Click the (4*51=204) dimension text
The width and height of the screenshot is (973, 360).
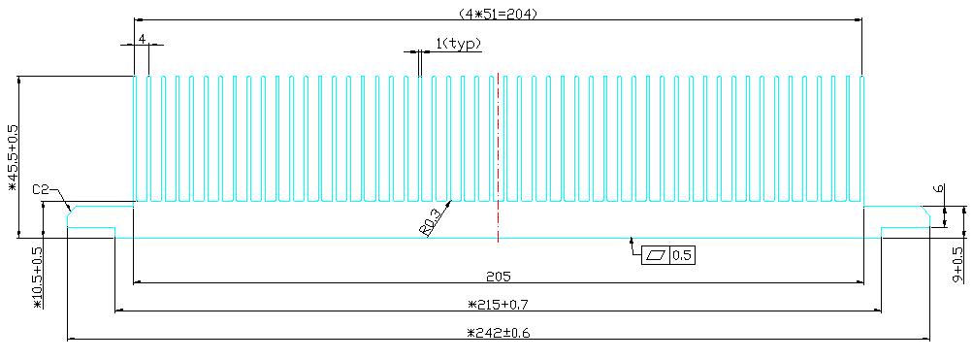pos(498,13)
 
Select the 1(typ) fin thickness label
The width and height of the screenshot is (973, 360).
pos(459,44)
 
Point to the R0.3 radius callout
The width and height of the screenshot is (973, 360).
pos(430,222)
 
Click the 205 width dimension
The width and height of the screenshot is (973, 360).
pos(498,275)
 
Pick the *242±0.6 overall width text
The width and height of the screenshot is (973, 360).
pos(498,333)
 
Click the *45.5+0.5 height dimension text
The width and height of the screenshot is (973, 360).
pos(14,158)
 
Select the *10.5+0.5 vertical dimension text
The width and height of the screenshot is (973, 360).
pos(37,278)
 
